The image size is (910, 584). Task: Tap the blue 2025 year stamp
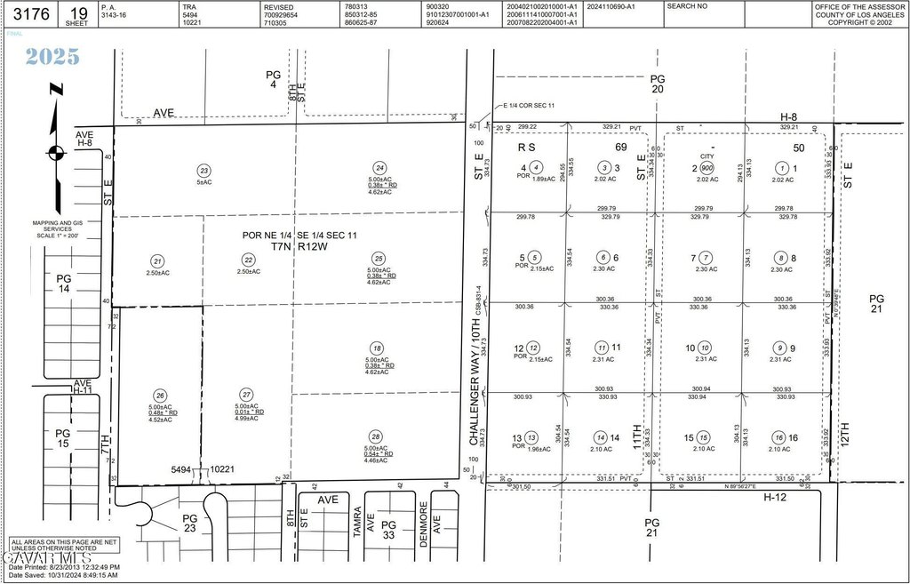tap(52, 57)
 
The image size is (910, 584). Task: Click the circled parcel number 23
tap(204, 171)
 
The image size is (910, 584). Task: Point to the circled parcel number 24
tap(379, 168)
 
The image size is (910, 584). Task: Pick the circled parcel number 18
tap(378, 348)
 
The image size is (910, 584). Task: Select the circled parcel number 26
tap(160, 396)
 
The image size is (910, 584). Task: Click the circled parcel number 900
tap(706, 168)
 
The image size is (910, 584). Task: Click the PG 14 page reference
tap(63, 284)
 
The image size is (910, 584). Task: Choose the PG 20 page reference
tap(658, 84)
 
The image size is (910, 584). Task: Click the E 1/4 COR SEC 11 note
tap(530, 106)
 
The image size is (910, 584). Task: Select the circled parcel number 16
tap(778, 437)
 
